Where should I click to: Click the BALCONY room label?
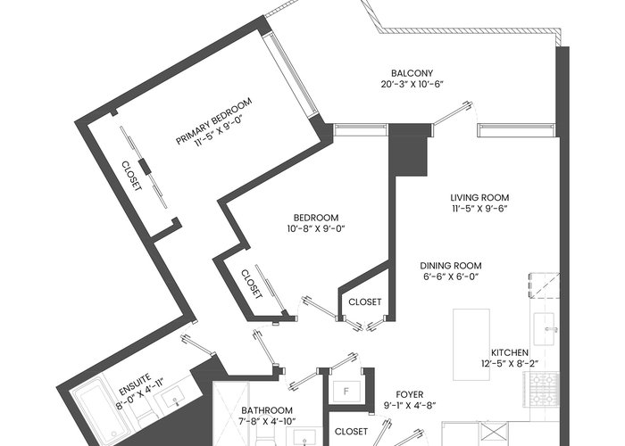coord(412,73)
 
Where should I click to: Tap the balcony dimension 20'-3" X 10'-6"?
coord(412,84)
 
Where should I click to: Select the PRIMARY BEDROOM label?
coord(214,120)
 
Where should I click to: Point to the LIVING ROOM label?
coord(479,197)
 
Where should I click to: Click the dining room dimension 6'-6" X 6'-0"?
coord(450,277)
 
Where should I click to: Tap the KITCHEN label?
coord(510,353)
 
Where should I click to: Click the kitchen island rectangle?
coord(471,344)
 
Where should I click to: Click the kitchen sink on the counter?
coord(545,330)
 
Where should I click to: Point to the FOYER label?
coord(409,394)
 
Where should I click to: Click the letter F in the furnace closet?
coord(346,392)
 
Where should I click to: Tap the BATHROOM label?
coord(267,410)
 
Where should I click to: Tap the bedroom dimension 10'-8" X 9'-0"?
coord(316,228)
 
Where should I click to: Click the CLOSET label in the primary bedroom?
coord(131,176)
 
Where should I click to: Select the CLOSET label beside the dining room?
coord(364,301)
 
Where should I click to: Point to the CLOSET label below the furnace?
coord(351,431)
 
